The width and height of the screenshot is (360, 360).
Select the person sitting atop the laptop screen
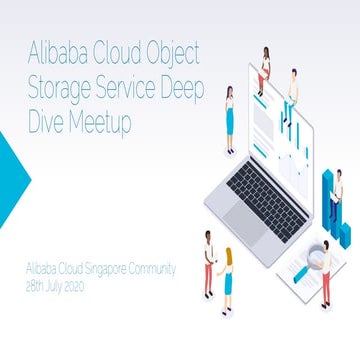(x=265, y=65)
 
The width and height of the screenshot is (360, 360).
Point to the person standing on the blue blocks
(x=336, y=195)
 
